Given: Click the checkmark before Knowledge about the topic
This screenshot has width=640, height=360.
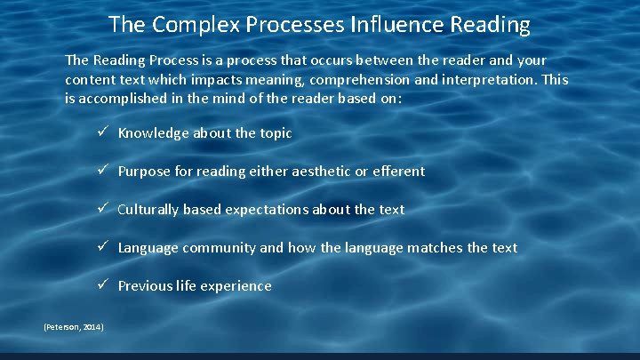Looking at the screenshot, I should tap(103, 132).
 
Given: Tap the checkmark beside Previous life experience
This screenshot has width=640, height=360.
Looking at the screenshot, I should tap(103, 285).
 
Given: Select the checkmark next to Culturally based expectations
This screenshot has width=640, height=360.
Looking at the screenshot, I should tap(103, 209).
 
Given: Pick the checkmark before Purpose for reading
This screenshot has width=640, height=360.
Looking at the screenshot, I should tap(103, 171).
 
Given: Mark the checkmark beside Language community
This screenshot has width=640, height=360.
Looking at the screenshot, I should tap(103, 247).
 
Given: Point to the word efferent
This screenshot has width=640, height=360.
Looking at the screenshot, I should tap(399, 171).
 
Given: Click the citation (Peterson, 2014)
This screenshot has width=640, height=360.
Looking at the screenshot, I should tap(74, 328).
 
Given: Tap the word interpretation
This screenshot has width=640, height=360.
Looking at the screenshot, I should tap(481, 80).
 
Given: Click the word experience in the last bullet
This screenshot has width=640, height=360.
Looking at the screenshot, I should tap(237, 286).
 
